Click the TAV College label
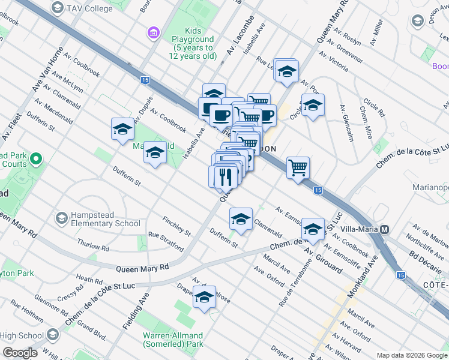pos(89,8)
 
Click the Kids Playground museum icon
pos(153,32)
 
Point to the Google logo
pos(20,353)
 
